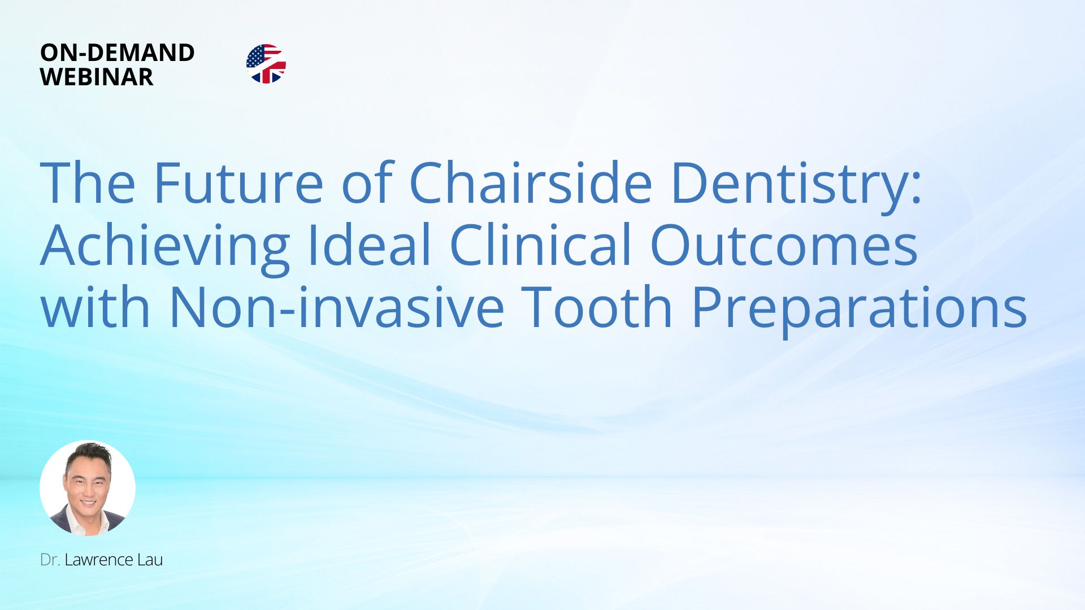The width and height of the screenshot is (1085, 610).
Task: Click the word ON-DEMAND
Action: [118, 53]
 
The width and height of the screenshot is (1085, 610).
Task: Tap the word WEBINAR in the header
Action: [97, 77]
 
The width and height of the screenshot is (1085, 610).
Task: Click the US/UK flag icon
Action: [266, 64]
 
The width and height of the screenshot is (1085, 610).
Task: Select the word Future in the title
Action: [238, 182]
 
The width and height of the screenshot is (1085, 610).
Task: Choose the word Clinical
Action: [540, 244]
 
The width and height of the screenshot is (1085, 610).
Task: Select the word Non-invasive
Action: [337, 306]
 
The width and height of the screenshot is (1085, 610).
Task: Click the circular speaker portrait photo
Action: [88, 488]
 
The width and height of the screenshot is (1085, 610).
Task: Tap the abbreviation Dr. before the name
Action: [50, 560]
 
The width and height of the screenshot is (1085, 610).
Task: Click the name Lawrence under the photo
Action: [98, 560]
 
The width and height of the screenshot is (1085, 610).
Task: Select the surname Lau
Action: [150, 560]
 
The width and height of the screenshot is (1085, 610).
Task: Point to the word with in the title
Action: [96, 306]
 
